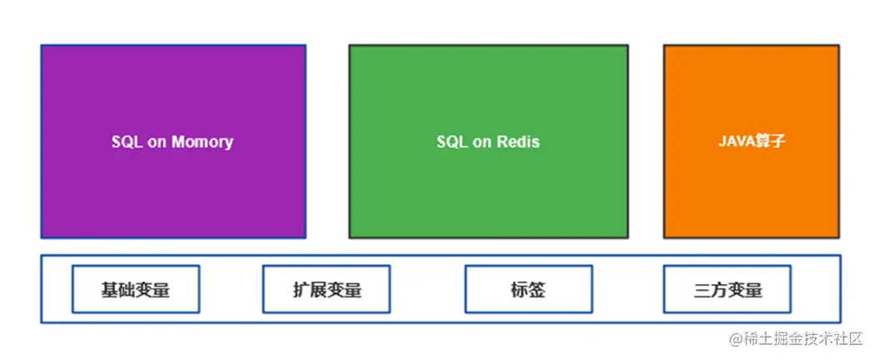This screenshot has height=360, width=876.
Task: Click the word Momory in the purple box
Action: coord(202,142)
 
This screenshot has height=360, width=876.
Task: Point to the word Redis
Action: coord(519,142)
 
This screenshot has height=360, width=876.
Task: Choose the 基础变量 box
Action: coord(135,290)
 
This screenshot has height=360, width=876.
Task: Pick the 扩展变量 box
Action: coord(327,290)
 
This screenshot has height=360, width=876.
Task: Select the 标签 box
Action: coord(528,290)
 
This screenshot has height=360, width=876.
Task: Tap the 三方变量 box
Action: coord(727,290)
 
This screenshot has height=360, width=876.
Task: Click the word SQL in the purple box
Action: coord(127,142)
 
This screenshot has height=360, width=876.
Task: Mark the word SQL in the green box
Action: coord(452,142)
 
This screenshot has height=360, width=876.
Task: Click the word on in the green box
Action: coord(483,142)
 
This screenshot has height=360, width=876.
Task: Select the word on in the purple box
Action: coord(158,142)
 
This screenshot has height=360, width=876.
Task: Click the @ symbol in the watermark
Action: coord(736,339)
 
